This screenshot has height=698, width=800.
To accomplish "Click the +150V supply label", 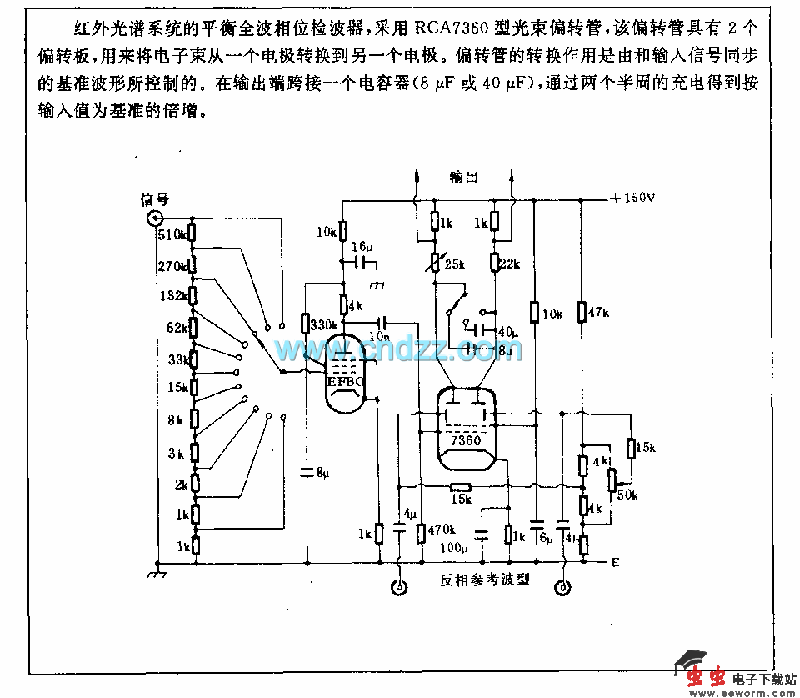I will pyautogui.click(x=632, y=198).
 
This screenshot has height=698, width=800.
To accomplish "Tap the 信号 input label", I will pyautogui.click(x=156, y=199).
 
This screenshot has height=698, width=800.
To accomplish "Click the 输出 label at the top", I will pyautogui.click(x=463, y=177).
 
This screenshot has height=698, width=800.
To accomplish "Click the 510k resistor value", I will pyautogui.click(x=171, y=234).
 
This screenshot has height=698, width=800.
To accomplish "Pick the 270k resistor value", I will pyautogui.click(x=172, y=266).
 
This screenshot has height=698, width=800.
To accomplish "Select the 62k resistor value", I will pyautogui.click(x=177, y=327).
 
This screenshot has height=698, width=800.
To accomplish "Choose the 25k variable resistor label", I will pyautogui.click(x=453, y=264).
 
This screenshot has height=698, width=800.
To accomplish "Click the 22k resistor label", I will pyautogui.click(x=509, y=264).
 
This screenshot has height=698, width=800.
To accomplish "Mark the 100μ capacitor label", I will pyautogui.click(x=454, y=548).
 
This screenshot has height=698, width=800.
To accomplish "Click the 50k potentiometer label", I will pyautogui.click(x=626, y=495).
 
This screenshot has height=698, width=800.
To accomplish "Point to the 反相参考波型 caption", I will pyautogui.click(x=485, y=580).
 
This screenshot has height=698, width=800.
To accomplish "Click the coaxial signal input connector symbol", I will pyautogui.click(x=155, y=218).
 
